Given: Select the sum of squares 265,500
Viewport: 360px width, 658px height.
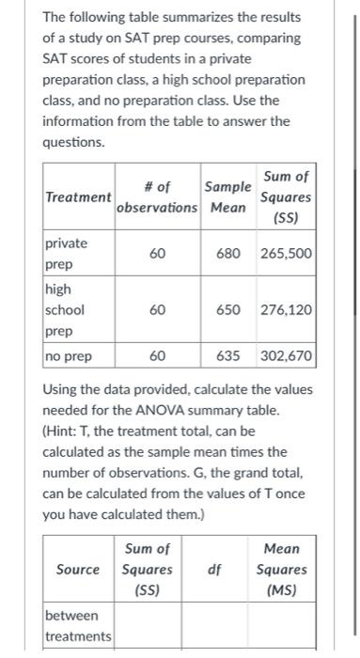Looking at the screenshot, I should tap(287, 254).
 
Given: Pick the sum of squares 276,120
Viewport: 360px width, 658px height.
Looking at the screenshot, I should tap(287, 309).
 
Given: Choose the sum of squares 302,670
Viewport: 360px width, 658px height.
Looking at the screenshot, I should tap(287, 356).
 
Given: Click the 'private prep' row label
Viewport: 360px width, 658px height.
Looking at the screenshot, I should tap(66, 254).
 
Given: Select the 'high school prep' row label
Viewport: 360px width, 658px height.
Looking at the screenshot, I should tap(65, 309).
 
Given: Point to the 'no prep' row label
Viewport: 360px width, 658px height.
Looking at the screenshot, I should tap(68, 356).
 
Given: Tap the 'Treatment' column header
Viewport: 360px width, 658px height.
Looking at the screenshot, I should tap(78, 197).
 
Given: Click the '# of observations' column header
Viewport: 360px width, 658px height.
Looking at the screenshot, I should tap(157, 196).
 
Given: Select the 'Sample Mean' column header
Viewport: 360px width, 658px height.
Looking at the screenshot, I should tap(227, 196).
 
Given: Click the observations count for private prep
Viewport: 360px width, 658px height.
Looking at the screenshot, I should tap(158, 254).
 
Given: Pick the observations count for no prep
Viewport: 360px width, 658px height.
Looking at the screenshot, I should tap(158, 356).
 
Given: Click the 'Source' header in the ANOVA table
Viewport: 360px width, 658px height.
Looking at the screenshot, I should tap(78, 569).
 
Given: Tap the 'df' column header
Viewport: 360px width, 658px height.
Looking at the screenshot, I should tap(214, 569).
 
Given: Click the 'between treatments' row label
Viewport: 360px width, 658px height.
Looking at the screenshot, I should tap(78, 626).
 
